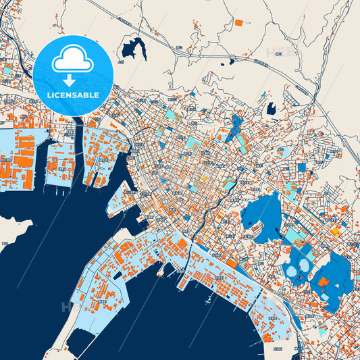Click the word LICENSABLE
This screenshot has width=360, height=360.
[73, 95]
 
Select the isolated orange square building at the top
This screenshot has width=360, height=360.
[238, 22]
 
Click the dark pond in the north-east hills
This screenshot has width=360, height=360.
[272, 108]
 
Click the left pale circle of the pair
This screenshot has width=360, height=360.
[292, 271]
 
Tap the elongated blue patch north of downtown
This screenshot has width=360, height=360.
[236, 127]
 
